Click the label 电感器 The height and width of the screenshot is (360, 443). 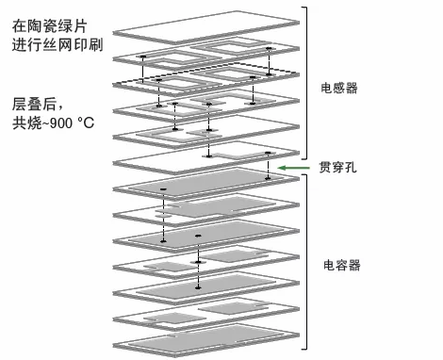340,88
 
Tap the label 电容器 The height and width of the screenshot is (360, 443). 340,265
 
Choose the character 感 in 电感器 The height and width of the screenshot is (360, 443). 340,88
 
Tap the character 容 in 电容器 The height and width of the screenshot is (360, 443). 340,265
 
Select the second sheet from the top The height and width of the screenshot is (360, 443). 203,52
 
